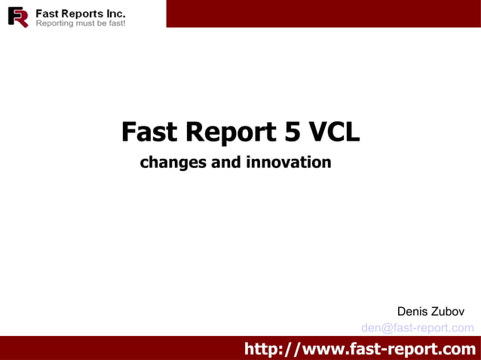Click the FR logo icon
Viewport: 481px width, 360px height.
click(x=18, y=17)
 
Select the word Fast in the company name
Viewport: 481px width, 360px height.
click(x=48, y=14)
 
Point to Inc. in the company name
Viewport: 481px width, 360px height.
click(x=116, y=14)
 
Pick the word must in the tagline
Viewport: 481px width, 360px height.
click(x=87, y=24)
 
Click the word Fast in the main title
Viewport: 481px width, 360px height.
click(x=149, y=132)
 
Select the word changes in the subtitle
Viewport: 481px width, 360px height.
click(x=173, y=162)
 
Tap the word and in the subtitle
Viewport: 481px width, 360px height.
click(x=225, y=162)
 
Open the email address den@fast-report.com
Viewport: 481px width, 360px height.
click(x=418, y=328)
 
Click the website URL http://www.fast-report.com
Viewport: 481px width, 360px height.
click(x=360, y=349)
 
